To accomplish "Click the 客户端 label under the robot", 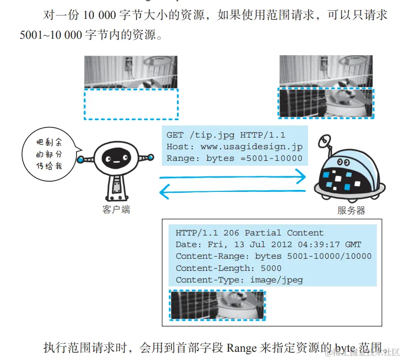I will pyautogui.click(x=116, y=209).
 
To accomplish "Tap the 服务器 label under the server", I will pyautogui.click(x=351, y=210).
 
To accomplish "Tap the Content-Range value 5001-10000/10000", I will pyautogui.click(x=329, y=256).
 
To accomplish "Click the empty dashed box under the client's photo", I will pyautogui.click(x=131, y=104).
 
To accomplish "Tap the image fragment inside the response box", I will pyautogui.click(x=217, y=305).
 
